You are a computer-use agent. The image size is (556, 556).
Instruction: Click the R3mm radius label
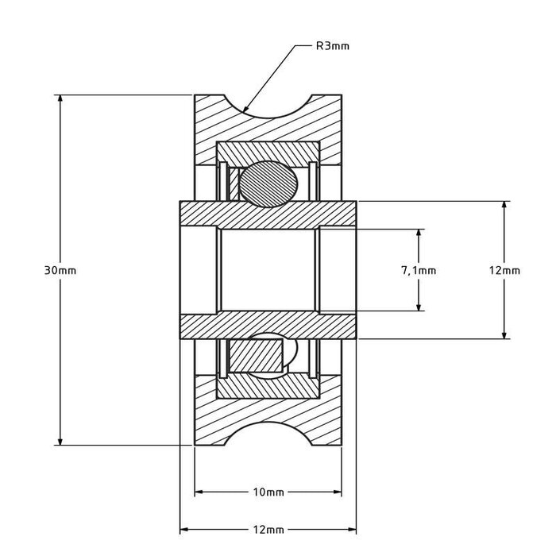333,46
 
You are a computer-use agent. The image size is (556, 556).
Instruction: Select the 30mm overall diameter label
60,270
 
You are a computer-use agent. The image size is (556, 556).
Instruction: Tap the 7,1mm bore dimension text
419,270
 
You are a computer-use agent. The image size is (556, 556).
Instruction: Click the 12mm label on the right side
504,270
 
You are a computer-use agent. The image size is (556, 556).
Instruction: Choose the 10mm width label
268,492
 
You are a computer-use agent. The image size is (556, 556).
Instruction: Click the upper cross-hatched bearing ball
268,183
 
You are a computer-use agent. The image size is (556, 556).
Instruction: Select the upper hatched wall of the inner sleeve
268,214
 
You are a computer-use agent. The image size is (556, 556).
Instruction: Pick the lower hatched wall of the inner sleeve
268,325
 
